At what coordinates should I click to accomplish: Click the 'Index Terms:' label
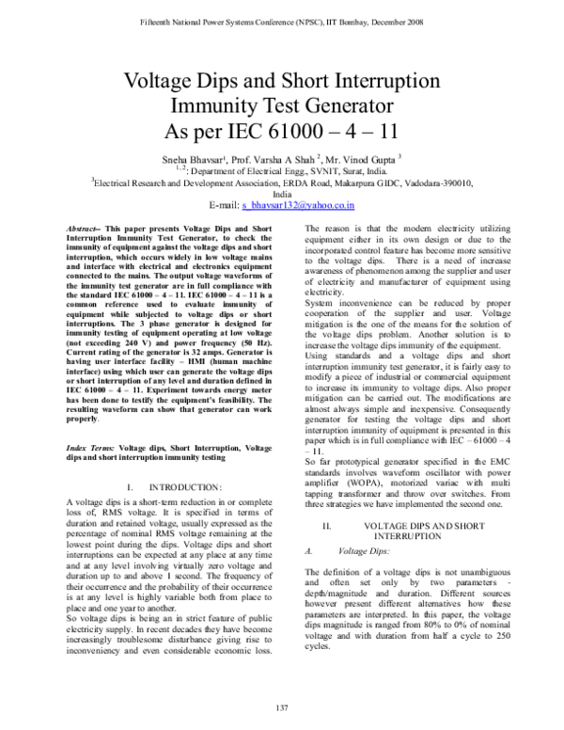click(x=86, y=453)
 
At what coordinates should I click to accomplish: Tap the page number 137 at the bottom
click(x=281, y=707)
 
